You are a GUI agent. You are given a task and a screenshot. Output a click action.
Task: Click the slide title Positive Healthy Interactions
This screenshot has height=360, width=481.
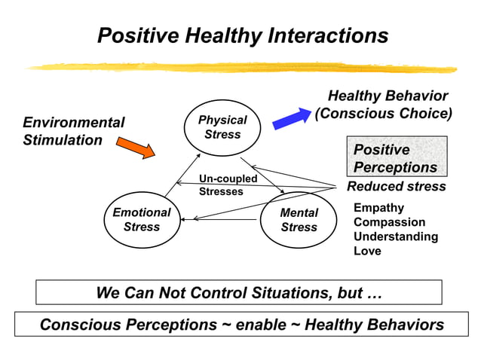[x=243, y=35]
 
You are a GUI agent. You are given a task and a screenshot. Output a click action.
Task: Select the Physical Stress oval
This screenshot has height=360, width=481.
[x=222, y=127]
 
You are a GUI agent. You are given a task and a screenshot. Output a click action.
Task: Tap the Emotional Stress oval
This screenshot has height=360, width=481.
[x=141, y=220]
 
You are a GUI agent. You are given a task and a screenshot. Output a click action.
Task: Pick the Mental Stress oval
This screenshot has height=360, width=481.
[x=299, y=220]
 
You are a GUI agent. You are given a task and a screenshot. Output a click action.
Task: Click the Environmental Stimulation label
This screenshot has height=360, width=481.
[x=74, y=131]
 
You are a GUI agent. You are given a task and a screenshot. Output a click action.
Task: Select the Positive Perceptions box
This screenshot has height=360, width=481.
[x=396, y=158]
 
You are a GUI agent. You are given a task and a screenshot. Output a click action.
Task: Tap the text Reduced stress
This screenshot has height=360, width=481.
[x=396, y=186]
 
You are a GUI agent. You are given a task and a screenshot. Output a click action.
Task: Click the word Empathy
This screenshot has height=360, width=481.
[x=378, y=208]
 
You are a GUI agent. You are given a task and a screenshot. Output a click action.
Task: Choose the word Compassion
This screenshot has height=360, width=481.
[x=389, y=222]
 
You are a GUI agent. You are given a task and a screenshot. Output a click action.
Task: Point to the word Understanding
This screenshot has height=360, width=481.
[x=395, y=236]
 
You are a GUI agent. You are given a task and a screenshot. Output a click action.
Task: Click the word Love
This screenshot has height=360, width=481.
[x=367, y=251]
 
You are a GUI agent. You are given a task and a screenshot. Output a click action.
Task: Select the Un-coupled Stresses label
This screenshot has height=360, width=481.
[x=228, y=185]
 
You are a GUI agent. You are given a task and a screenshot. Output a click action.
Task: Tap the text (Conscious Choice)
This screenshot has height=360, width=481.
[x=383, y=114]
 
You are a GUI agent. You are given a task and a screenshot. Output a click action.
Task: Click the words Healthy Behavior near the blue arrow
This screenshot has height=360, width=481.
[x=388, y=96]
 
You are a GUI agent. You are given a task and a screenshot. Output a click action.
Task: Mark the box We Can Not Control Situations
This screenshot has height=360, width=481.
[x=239, y=292]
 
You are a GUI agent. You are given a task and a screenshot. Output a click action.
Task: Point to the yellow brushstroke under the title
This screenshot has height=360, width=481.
[x=241, y=67]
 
